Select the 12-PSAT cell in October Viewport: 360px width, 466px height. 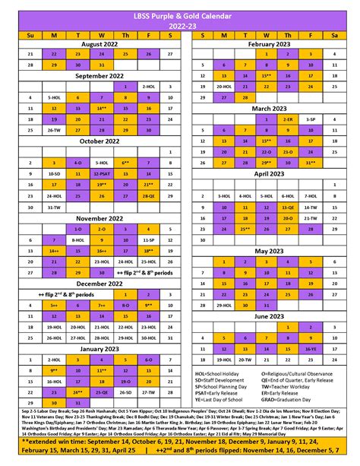[100, 173]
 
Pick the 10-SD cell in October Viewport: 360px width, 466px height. [54, 173]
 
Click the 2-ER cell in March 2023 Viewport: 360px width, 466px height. [287, 119]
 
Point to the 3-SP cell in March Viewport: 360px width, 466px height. [311, 119]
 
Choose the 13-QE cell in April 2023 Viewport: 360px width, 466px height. [287, 206]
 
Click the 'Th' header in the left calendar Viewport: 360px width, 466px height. [124, 34]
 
